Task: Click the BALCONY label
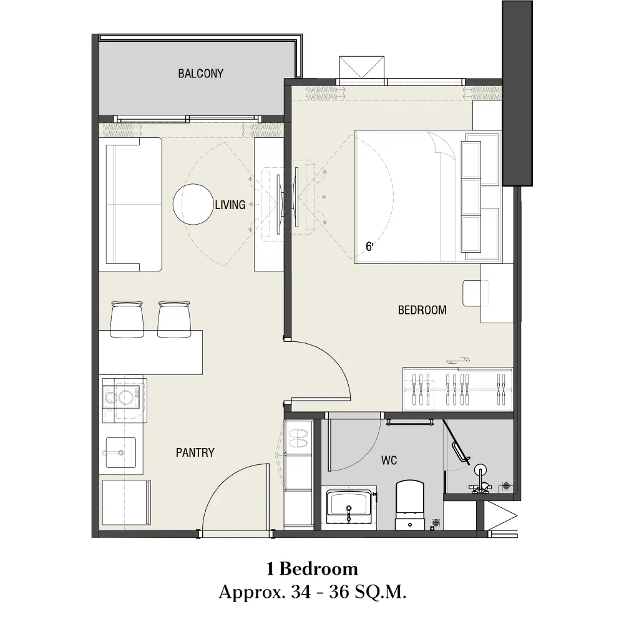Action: pyautogui.click(x=200, y=74)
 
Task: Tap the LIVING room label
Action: pyautogui.click(x=230, y=205)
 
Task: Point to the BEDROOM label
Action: pyautogui.click(x=422, y=310)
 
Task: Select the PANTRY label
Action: pyautogui.click(x=195, y=452)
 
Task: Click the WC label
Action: pyautogui.click(x=389, y=461)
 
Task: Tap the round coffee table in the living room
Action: pyautogui.click(x=193, y=204)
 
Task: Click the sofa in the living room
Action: pyautogui.click(x=130, y=205)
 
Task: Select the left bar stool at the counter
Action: pyautogui.click(x=127, y=319)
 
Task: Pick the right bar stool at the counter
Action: pyautogui.click(x=174, y=319)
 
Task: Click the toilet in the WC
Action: pyautogui.click(x=410, y=505)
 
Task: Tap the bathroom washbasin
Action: pyautogui.click(x=349, y=507)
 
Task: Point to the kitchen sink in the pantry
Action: pyautogui.click(x=120, y=453)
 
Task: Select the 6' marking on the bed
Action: pyautogui.click(x=369, y=246)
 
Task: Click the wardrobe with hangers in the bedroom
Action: pyautogui.click(x=457, y=389)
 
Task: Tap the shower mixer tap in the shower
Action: pyautogui.click(x=480, y=479)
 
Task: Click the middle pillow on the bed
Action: pyautogui.click(x=470, y=197)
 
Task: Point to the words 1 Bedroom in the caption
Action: pyautogui.click(x=313, y=568)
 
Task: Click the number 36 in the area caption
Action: pyautogui.click(x=338, y=592)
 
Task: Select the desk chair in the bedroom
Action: pyautogui.click(x=475, y=293)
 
